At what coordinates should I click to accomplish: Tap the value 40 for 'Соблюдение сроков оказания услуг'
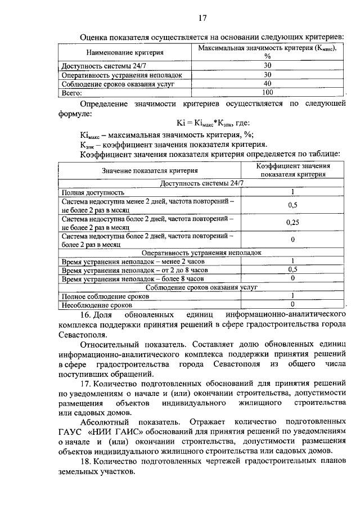pos(267,83)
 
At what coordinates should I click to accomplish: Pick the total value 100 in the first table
pos(267,92)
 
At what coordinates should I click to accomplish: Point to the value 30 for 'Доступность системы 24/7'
pos(267,65)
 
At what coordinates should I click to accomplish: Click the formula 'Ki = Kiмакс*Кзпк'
pos(204,123)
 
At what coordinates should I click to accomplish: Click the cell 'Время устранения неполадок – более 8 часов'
pos(133,278)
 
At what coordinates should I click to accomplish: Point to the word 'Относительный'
pos(107,343)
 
